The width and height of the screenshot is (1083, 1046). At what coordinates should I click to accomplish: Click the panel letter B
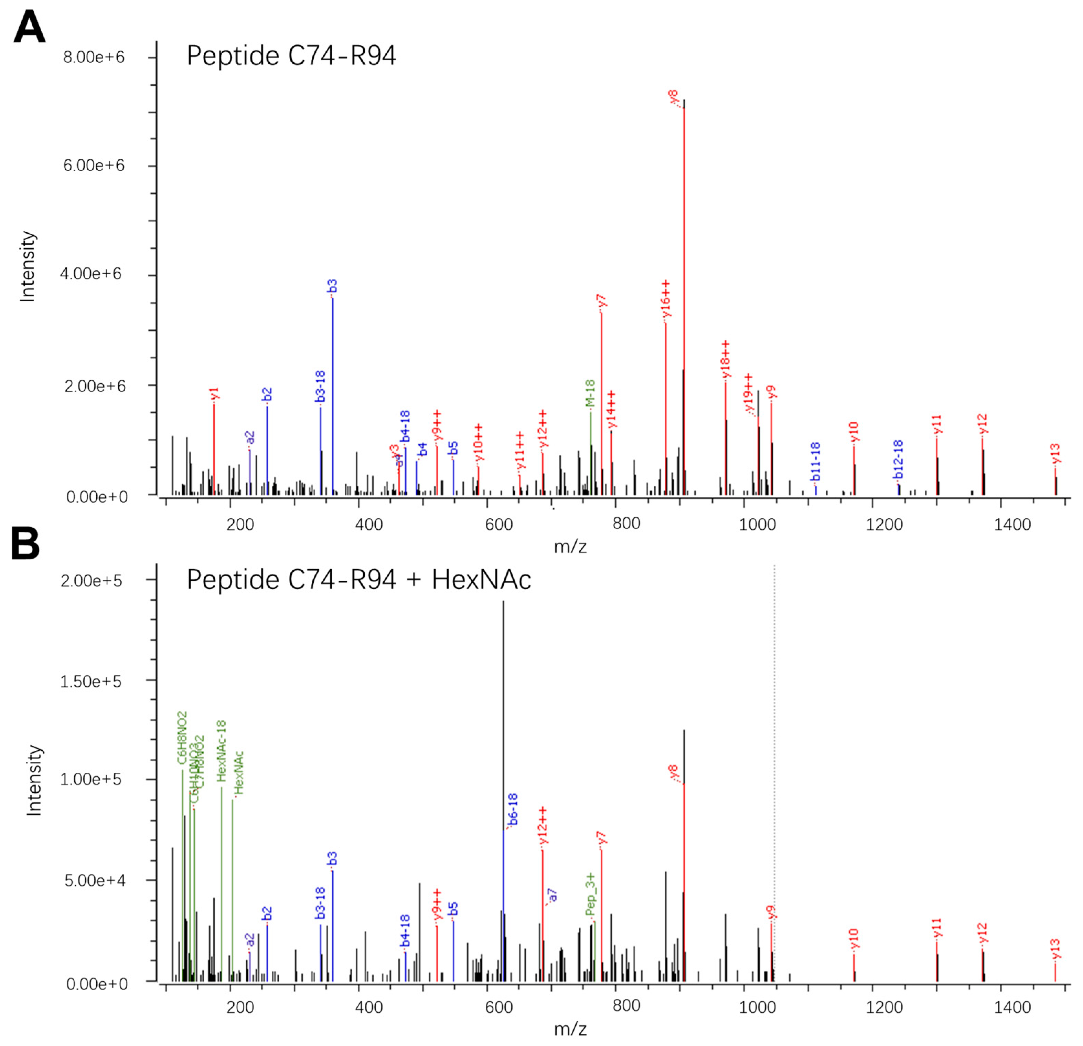[x=25, y=544]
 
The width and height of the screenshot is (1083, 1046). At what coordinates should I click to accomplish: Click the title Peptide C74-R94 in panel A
[x=291, y=56]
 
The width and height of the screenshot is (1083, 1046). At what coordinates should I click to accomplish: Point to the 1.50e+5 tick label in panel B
[x=91, y=681]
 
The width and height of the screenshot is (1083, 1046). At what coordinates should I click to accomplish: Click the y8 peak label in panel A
[x=674, y=96]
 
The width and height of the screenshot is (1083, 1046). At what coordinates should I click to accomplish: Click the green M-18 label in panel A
[x=590, y=393]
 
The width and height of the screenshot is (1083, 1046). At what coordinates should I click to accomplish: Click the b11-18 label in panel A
[x=816, y=462]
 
